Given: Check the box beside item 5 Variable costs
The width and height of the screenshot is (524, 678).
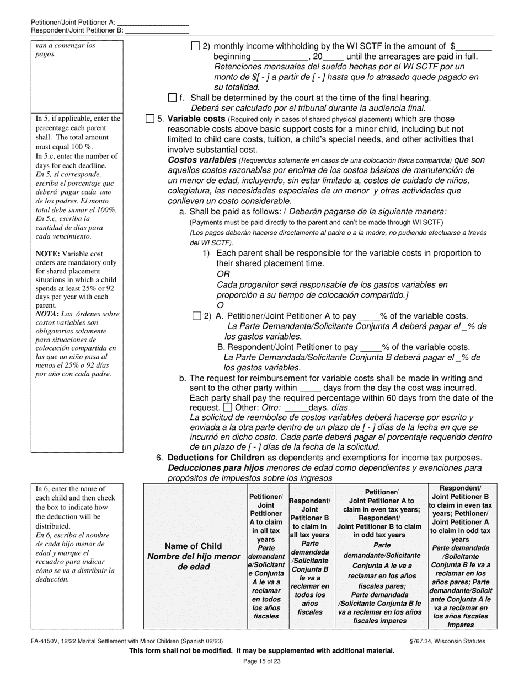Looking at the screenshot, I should click(x=150, y=119).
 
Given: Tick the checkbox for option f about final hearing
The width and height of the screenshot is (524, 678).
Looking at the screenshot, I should click(x=173, y=98).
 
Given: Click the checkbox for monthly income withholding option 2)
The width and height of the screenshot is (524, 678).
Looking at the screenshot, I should click(x=195, y=47).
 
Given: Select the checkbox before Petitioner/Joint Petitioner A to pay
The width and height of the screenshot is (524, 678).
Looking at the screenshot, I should click(x=197, y=316).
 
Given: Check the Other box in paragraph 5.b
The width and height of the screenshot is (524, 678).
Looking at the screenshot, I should click(x=228, y=408).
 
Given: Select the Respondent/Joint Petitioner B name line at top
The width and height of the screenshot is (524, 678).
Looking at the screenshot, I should click(x=157, y=30).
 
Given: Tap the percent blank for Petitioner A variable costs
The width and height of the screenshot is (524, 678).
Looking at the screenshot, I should click(x=368, y=316).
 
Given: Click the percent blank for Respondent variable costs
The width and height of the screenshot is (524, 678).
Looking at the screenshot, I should click(x=371, y=348).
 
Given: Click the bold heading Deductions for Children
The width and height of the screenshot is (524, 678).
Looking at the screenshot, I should click(x=216, y=458).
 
